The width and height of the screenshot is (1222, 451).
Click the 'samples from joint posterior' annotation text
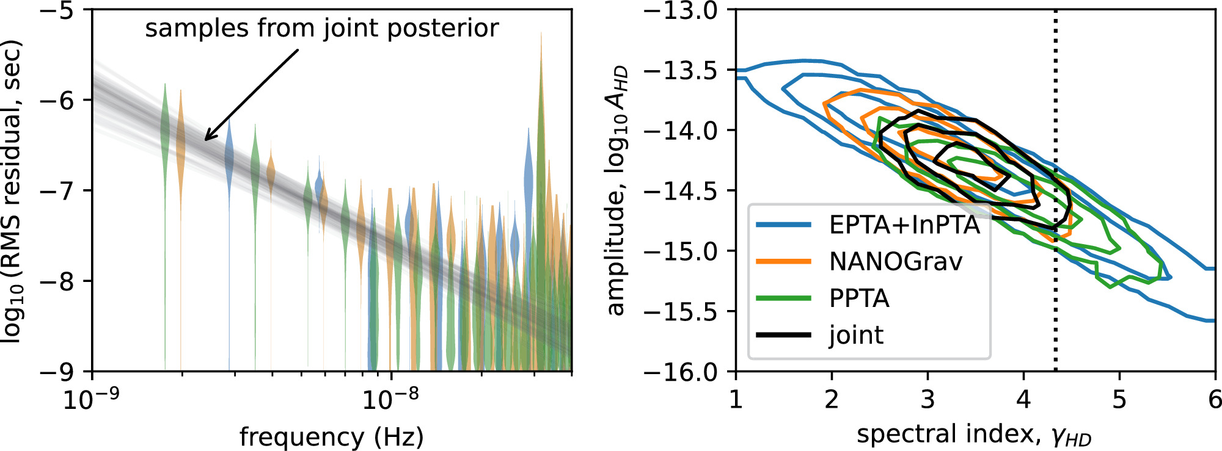pyautogui.click(x=321, y=29)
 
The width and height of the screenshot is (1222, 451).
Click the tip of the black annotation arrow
pyautogui.click(x=205, y=140)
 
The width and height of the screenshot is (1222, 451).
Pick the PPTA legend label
pyautogui.click(x=859, y=298)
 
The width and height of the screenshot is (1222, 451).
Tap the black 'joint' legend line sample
pyautogui.click(x=783, y=335)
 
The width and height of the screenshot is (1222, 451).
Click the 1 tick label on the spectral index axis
pyautogui.click(x=736, y=400)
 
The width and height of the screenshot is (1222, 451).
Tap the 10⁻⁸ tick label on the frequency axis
pyautogui.click(x=391, y=400)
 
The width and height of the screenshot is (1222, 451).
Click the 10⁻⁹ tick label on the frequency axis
pyautogui.click(x=92, y=400)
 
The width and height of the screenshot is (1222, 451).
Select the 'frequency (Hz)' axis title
pyautogui.click(x=331, y=437)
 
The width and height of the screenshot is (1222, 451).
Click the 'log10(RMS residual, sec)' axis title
pyautogui.click(x=12, y=190)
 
